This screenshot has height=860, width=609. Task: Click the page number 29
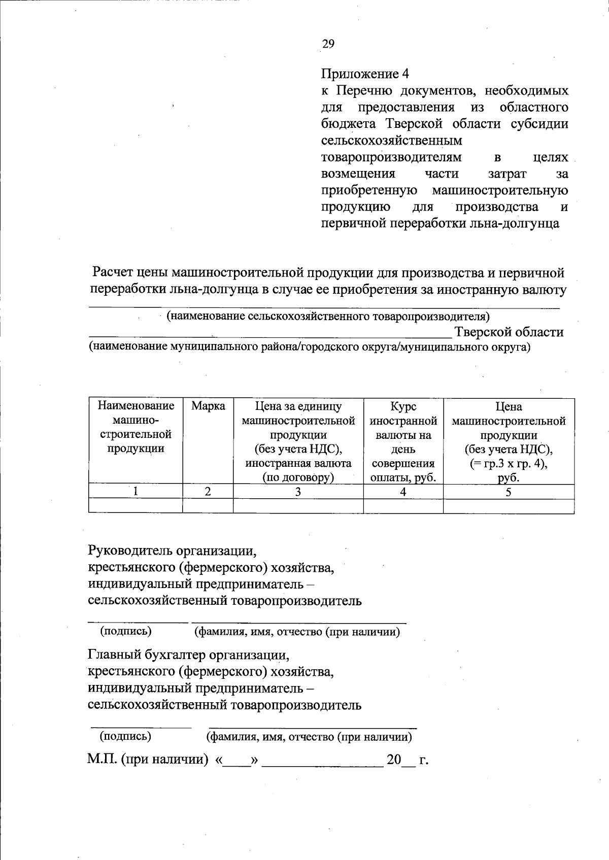coord(328,44)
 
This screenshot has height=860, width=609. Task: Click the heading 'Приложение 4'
coord(365,74)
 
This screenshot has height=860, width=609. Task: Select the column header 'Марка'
coord(208,406)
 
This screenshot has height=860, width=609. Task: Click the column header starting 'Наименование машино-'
coord(136,427)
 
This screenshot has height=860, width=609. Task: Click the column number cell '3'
coord(298,492)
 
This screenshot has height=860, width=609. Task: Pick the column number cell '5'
coord(509,492)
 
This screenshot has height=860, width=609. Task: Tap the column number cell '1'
coord(136,492)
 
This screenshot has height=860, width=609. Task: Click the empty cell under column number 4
coord(403,506)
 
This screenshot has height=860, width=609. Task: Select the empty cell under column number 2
coord(208,506)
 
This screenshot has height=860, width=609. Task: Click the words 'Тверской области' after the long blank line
coord(509,332)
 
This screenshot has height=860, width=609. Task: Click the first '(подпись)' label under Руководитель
coord(126,631)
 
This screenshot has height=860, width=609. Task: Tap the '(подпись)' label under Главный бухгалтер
coord(125,736)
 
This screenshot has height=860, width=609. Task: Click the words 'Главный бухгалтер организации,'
coord(189,655)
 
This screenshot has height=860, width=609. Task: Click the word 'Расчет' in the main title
coord(112,273)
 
